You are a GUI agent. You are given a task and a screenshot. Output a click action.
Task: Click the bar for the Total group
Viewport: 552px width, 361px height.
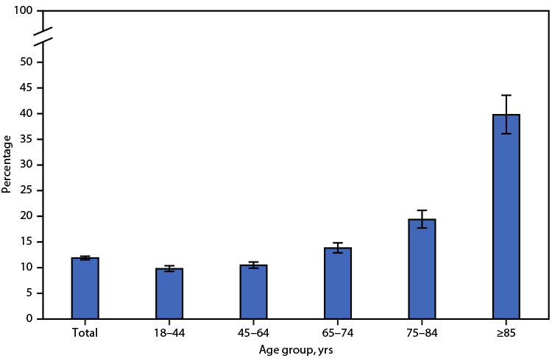(x=85, y=288)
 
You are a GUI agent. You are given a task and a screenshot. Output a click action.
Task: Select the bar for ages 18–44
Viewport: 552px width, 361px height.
(x=169, y=293)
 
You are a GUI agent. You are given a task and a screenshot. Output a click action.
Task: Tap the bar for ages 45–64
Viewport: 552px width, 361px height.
(x=253, y=292)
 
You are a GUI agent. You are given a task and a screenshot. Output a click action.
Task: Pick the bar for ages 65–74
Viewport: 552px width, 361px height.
(x=338, y=283)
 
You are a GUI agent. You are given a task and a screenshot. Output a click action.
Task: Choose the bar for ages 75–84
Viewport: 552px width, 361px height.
(x=422, y=269)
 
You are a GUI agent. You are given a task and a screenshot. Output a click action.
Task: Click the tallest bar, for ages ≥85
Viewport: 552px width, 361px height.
(x=506, y=217)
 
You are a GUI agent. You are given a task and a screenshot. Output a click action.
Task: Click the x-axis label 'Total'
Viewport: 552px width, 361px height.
(x=85, y=332)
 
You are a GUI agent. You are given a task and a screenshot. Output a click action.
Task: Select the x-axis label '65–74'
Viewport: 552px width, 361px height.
(x=338, y=332)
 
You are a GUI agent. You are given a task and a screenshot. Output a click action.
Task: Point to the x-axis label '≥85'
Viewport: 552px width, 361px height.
(x=506, y=332)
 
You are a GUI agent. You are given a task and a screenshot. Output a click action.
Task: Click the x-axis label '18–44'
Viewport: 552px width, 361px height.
(x=169, y=332)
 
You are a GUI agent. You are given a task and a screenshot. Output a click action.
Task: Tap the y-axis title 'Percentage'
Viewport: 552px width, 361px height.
(x=7, y=163)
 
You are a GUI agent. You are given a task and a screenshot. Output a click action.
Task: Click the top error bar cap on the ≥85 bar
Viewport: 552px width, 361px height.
(x=506, y=95)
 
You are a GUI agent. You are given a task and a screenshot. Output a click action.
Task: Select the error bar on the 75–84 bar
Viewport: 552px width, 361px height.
(x=422, y=219)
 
